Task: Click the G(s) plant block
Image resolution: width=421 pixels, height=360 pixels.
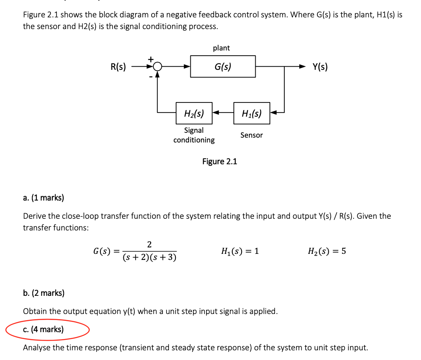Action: click(223, 67)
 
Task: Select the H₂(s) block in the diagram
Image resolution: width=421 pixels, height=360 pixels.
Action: click(194, 113)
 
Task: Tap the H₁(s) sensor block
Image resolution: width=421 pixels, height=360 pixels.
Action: click(252, 113)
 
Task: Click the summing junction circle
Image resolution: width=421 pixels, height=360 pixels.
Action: click(158, 67)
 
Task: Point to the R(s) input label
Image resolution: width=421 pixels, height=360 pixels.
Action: click(118, 67)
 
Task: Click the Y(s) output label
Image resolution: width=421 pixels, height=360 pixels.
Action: click(320, 67)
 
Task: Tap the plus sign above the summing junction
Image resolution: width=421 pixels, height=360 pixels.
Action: click(151, 59)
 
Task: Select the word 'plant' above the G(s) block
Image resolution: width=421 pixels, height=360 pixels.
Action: click(221, 48)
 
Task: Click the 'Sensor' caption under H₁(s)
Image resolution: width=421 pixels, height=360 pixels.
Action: click(251, 135)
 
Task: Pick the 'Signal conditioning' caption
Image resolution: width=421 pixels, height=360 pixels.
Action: click(194, 135)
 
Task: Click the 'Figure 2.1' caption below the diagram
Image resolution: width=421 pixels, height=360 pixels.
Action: click(219, 161)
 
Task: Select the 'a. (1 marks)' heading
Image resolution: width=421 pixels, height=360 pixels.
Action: click(44, 198)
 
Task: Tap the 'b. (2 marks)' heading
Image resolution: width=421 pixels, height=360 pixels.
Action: click(44, 293)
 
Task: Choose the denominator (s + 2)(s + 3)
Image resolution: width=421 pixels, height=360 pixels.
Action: click(149, 257)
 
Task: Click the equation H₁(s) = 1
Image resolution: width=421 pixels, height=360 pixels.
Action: click(240, 251)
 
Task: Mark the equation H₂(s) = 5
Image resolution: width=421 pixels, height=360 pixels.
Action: click(326, 251)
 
